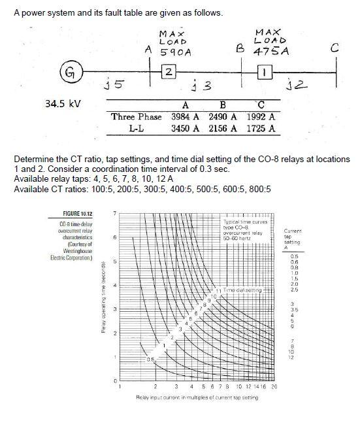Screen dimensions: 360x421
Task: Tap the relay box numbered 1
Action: coord(265,71)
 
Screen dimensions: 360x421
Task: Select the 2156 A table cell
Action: coord(223,129)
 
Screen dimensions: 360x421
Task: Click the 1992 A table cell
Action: coord(261,117)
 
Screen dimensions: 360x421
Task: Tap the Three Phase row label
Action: coord(137,117)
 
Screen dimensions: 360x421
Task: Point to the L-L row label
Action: coord(137,129)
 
